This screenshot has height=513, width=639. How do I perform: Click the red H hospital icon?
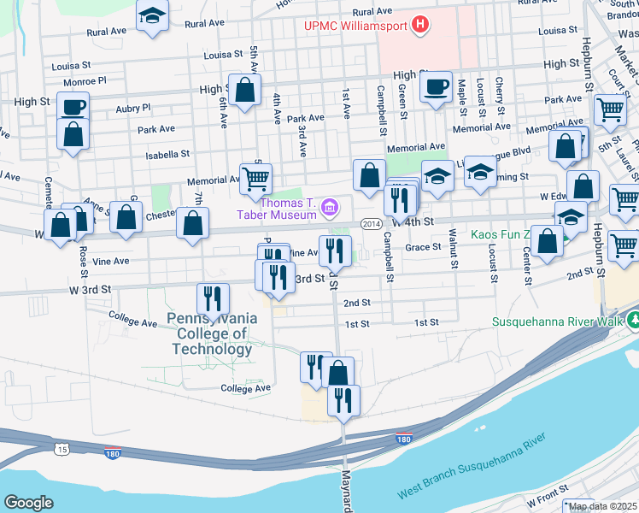pyautogui.click(x=419, y=26)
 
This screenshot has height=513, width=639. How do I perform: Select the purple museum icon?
pyautogui.click(x=331, y=208)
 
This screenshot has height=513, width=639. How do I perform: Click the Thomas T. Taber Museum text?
pyautogui.click(x=288, y=209)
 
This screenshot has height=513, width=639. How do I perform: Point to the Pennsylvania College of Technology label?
pyautogui.click(x=212, y=333)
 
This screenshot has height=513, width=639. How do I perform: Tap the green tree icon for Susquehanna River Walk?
pyautogui.click(x=633, y=322)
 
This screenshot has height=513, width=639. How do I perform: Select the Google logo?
pyautogui.click(x=28, y=503)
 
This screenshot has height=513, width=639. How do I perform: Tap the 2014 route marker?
pyautogui.click(x=370, y=224)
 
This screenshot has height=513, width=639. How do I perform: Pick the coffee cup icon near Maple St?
pyautogui.click(x=436, y=86)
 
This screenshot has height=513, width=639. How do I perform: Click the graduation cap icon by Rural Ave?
pyautogui.click(x=153, y=15)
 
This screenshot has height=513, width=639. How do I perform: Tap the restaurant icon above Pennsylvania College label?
pyautogui.click(x=212, y=298)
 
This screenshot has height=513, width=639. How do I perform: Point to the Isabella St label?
pyautogui.click(x=167, y=155)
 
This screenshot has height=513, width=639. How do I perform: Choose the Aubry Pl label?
pyautogui.click(x=133, y=109)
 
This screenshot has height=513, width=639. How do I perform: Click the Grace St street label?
pyautogui.click(x=422, y=247)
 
